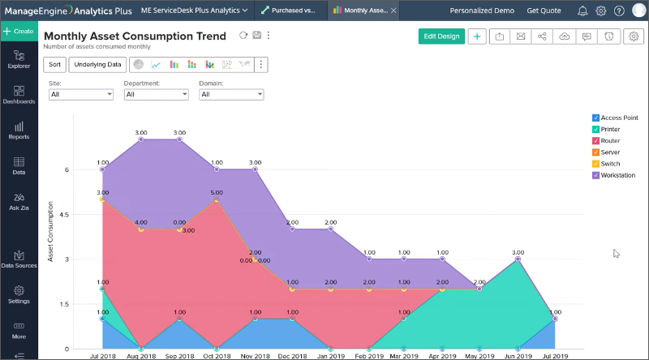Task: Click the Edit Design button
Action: (x=441, y=36)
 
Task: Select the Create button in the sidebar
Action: (x=18, y=31)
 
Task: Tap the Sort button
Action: (x=54, y=64)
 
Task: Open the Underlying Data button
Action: (x=97, y=64)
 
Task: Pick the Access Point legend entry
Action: (x=619, y=118)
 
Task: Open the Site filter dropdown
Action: (x=80, y=94)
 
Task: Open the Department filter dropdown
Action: (x=156, y=94)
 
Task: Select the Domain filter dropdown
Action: (x=231, y=94)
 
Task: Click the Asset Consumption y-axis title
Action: (x=50, y=231)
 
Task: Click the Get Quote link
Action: (x=544, y=11)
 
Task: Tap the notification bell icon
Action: (x=582, y=11)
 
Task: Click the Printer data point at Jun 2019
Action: (x=518, y=259)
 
